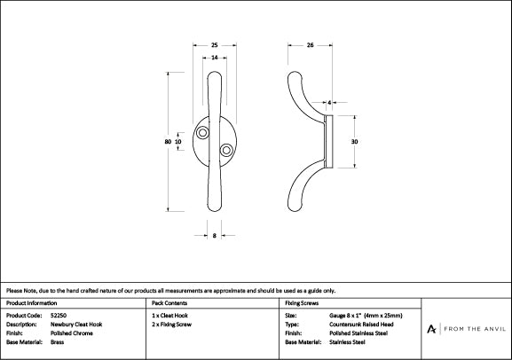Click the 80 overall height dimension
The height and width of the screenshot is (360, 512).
pyautogui.click(x=168, y=141)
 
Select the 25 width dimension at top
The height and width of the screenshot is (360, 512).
pyautogui.click(x=216, y=44)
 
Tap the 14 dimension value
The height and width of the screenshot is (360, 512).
pyautogui.click(x=216, y=58)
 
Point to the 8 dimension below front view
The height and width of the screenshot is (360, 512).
pyautogui.click(x=216, y=235)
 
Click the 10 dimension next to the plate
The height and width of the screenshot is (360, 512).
pyautogui.click(x=179, y=141)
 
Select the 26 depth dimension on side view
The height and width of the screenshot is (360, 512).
pyautogui.click(x=310, y=44)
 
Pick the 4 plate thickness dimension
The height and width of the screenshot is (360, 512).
pyautogui.click(x=329, y=104)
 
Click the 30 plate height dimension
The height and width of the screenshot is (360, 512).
pyautogui.click(x=354, y=141)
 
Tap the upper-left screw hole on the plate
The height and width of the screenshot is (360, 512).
pyautogui.click(x=206, y=133)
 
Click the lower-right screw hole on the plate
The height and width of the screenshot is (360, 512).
pyautogui.click(x=225, y=149)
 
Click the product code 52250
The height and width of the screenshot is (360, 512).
pyautogui.click(x=58, y=316)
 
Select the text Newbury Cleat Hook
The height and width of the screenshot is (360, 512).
pyautogui.click(x=76, y=325)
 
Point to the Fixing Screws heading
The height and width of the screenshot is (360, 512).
pyautogui.click(x=302, y=303)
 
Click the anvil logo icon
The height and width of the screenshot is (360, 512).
pyautogui.click(x=432, y=328)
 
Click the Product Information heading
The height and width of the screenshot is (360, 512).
pyautogui.click(x=31, y=303)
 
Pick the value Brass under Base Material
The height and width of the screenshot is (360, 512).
pyautogui.click(x=58, y=341)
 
